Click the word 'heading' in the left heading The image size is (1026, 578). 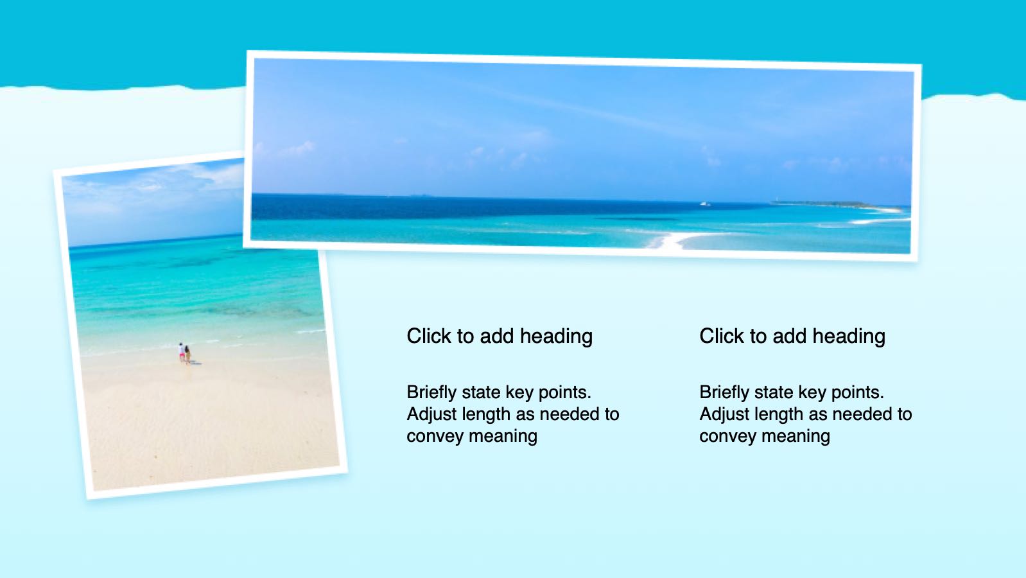(x=556, y=337)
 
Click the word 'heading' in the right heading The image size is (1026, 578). (x=849, y=337)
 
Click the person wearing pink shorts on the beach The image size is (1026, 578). (x=182, y=352)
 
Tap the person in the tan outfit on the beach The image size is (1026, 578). (x=187, y=355)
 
